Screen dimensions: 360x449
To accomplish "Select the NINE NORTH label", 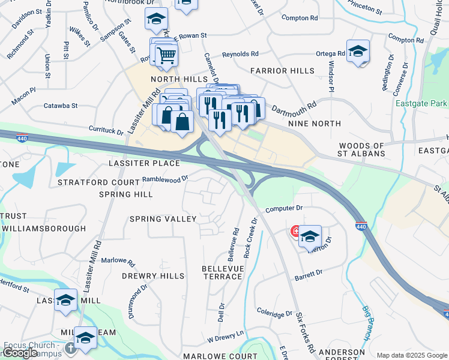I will [315, 124].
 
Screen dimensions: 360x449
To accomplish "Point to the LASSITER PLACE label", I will [144, 163].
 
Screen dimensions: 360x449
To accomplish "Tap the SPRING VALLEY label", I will [163, 219].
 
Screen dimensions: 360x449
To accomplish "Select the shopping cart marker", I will [167, 55].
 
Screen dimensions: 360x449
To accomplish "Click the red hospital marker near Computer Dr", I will [295, 231].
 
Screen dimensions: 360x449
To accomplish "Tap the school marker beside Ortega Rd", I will [358, 51].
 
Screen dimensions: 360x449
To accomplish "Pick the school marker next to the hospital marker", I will [310, 236].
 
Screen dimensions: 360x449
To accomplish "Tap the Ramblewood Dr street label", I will [165, 178].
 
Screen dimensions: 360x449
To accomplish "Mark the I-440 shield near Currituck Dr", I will [22, 138].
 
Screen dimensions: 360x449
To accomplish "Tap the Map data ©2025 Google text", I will [411, 355].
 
